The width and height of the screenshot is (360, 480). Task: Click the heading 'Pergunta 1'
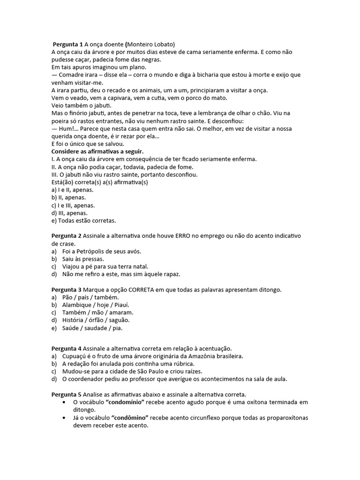point(67,44)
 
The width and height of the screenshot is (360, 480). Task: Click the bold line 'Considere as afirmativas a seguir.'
point(97,151)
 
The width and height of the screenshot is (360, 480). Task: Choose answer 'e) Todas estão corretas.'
point(83,220)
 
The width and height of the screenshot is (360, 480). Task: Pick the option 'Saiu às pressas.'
point(83,259)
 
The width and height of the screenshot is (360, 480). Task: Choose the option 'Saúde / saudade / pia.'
point(92,328)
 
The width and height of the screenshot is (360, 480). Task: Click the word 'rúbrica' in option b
point(180,364)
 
